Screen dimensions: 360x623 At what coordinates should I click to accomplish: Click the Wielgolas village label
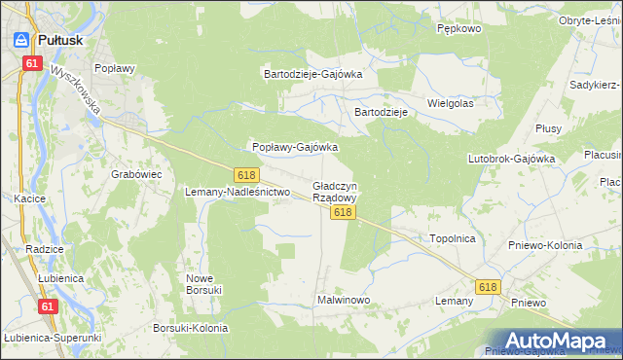tap(450, 102)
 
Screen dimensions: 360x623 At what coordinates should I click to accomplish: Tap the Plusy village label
tap(547, 128)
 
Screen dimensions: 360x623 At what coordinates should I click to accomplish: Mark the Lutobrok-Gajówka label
tap(511, 158)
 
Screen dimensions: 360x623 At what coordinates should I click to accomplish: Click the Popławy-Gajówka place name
tap(295, 147)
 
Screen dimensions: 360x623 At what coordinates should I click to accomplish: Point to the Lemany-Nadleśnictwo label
tap(238, 192)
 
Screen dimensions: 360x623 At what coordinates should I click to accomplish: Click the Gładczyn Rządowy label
tap(335, 191)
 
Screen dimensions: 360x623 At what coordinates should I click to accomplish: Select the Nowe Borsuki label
tap(204, 283)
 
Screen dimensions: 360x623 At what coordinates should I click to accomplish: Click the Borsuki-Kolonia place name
tap(190, 328)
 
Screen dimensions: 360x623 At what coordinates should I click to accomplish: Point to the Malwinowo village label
tap(344, 300)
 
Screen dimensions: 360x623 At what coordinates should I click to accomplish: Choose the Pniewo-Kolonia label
tap(545, 245)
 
